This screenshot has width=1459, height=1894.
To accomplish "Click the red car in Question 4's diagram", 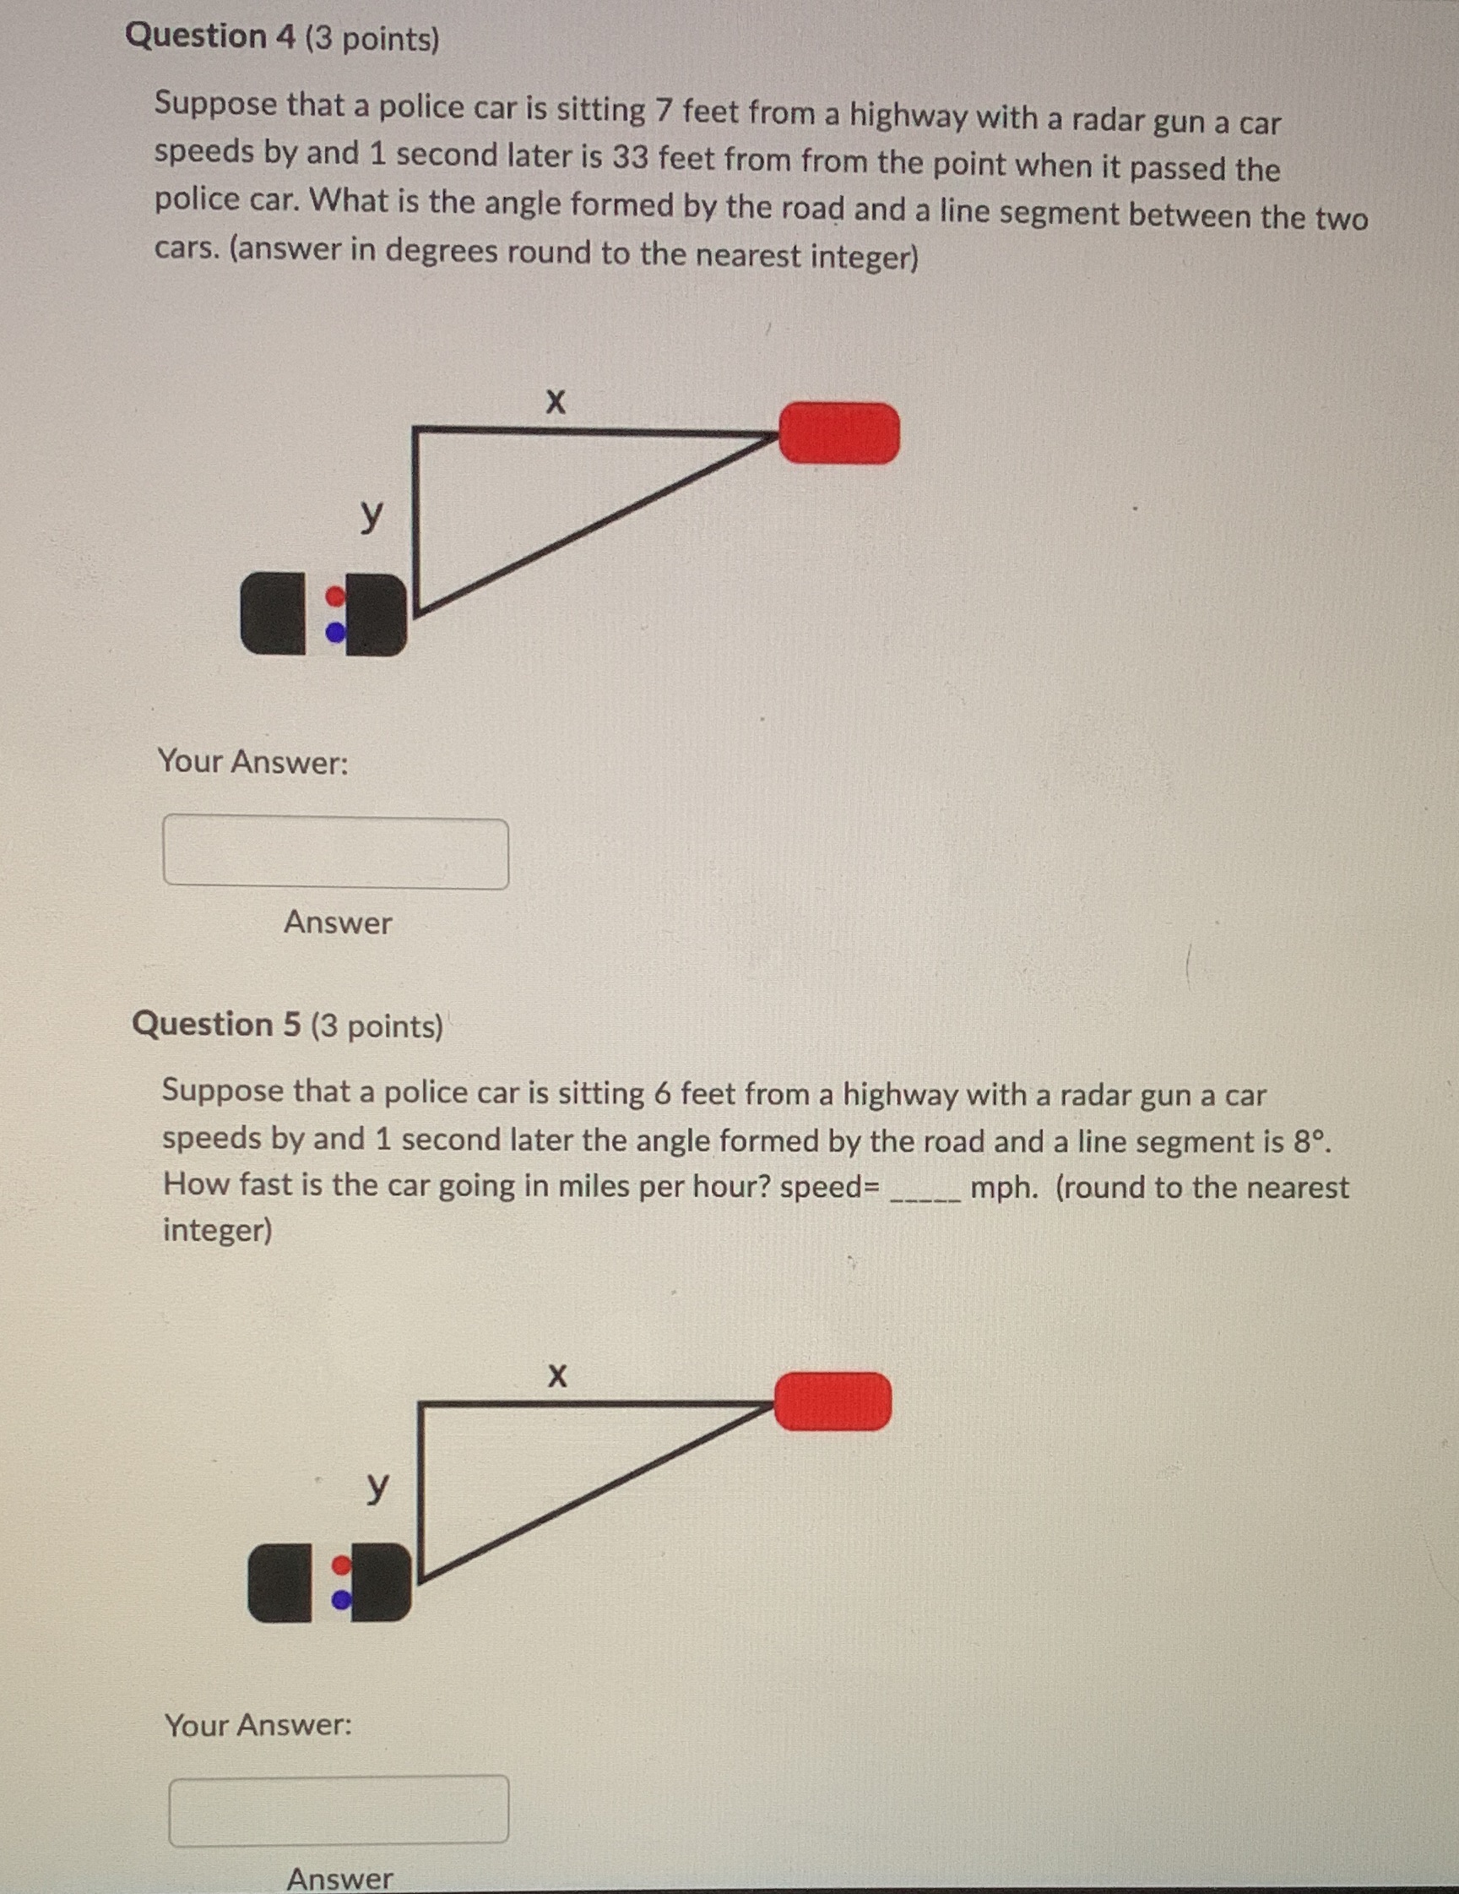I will (838, 433).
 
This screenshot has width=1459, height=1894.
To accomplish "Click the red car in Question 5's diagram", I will (833, 1401).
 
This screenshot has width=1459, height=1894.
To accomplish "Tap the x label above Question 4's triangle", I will (556, 401).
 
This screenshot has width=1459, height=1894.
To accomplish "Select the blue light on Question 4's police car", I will (334, 634).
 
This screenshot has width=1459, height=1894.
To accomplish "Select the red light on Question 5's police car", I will (343, 1566).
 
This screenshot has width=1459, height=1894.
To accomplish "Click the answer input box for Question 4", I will (335, 852).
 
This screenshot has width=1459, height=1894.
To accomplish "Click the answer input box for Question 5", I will (338, 1810).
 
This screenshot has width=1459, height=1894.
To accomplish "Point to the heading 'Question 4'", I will (209, 36).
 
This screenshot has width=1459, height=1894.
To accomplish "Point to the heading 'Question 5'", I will (216, 1024).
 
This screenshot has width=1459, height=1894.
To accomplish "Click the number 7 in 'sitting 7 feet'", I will (663, 111).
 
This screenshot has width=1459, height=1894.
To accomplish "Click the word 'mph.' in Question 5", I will (1004, 1187).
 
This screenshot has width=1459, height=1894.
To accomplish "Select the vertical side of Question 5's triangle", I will (420, 1492).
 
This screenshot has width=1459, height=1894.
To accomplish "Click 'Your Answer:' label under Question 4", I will (252, 761).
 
